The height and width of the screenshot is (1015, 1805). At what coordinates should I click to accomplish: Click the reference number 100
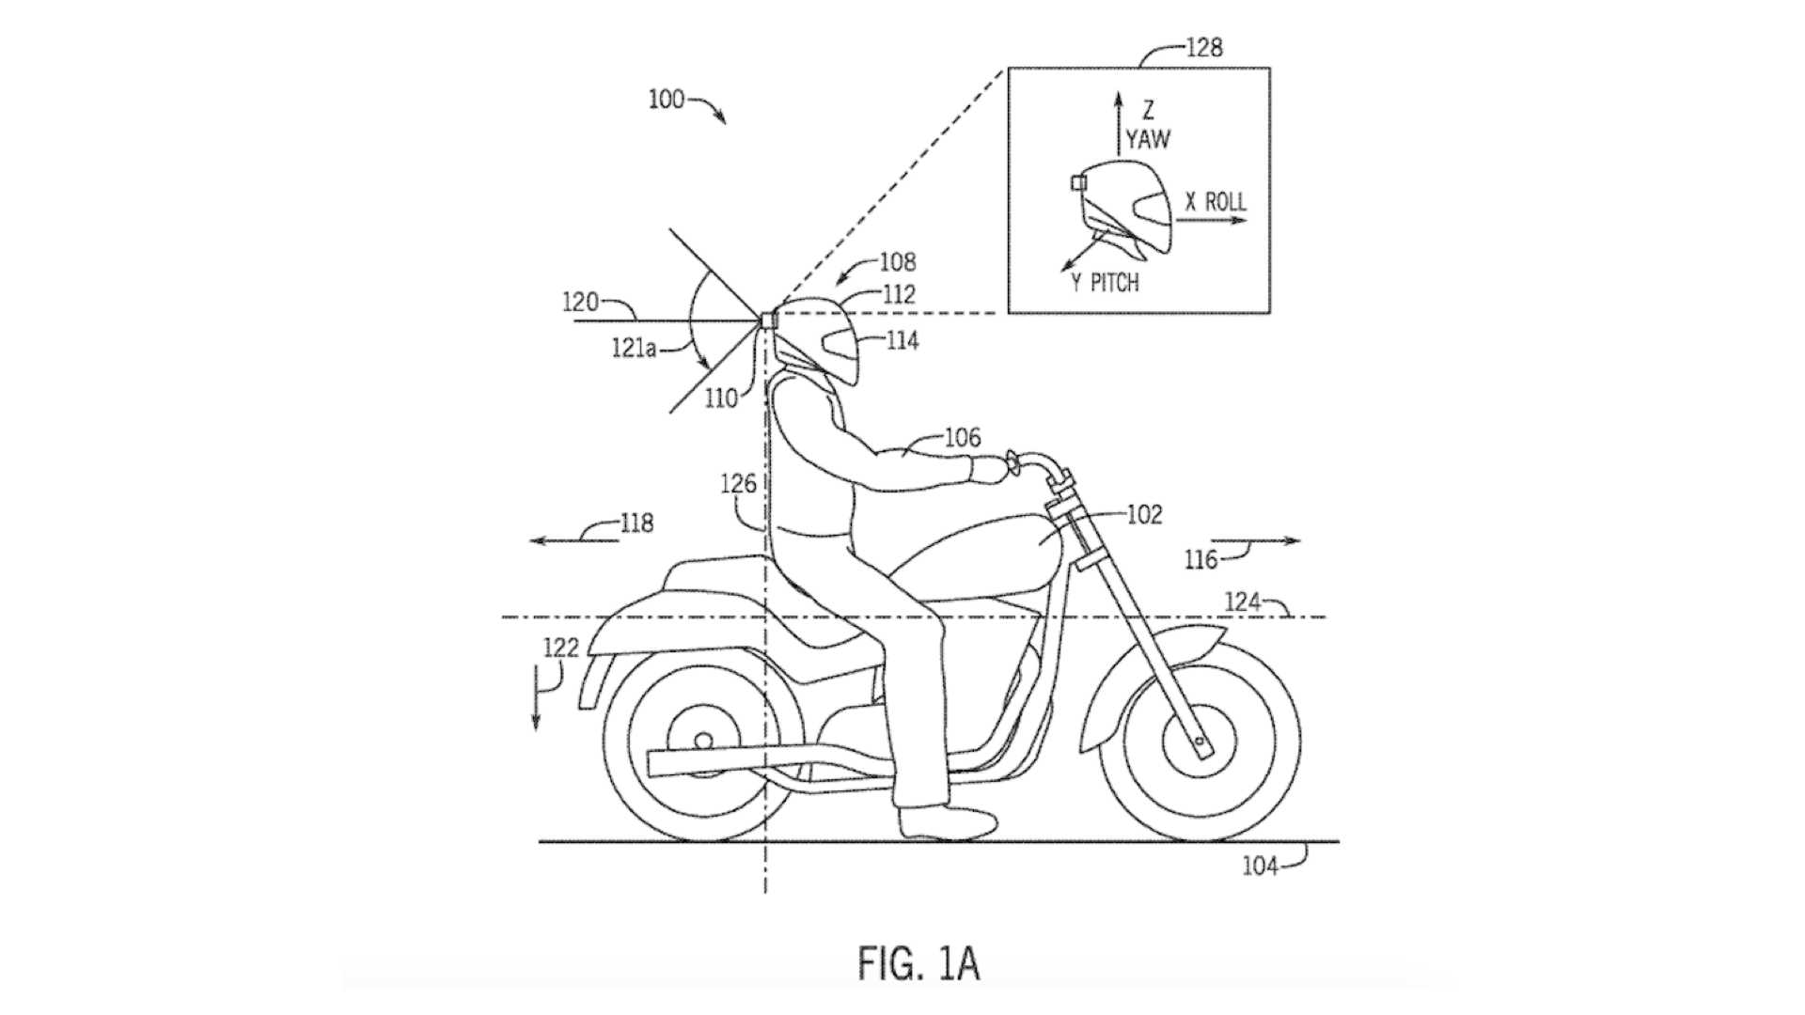pos(667,99)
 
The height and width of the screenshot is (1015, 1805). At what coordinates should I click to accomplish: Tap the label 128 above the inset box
pos(1203,48)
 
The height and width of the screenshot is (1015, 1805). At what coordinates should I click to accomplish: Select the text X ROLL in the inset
pos(1216,201)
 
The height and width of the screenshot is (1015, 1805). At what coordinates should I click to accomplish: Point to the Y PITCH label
pos(1105,283)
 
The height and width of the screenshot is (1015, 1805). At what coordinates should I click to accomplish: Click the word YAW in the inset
pos(1148,140)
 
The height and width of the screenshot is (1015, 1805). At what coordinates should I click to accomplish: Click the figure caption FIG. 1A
pos(918,964)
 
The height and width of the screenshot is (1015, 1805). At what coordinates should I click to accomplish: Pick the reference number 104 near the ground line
pos(1260,866)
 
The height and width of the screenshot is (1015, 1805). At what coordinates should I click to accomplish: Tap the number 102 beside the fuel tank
pos(1144,515)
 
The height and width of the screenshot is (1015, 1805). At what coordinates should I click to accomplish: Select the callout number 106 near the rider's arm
pos(962,437)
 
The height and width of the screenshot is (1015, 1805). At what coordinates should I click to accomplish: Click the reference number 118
pos(636,523)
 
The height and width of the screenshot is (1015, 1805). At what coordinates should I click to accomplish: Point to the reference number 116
pos(1201,560)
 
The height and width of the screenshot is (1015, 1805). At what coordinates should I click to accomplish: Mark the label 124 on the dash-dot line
pos(1243,601)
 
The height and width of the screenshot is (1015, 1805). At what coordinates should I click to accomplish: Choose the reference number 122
pos(560,647)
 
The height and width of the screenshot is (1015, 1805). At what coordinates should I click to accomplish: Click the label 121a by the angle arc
pos(634,349)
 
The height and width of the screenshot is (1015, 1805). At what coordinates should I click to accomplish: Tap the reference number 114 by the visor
pos(902,340)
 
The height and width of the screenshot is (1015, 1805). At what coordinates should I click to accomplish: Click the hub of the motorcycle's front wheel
pos(1199,742)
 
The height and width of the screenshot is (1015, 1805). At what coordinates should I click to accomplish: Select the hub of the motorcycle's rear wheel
pos(703,742)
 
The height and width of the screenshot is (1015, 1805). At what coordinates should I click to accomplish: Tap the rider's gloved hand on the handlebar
pos(987,468)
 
